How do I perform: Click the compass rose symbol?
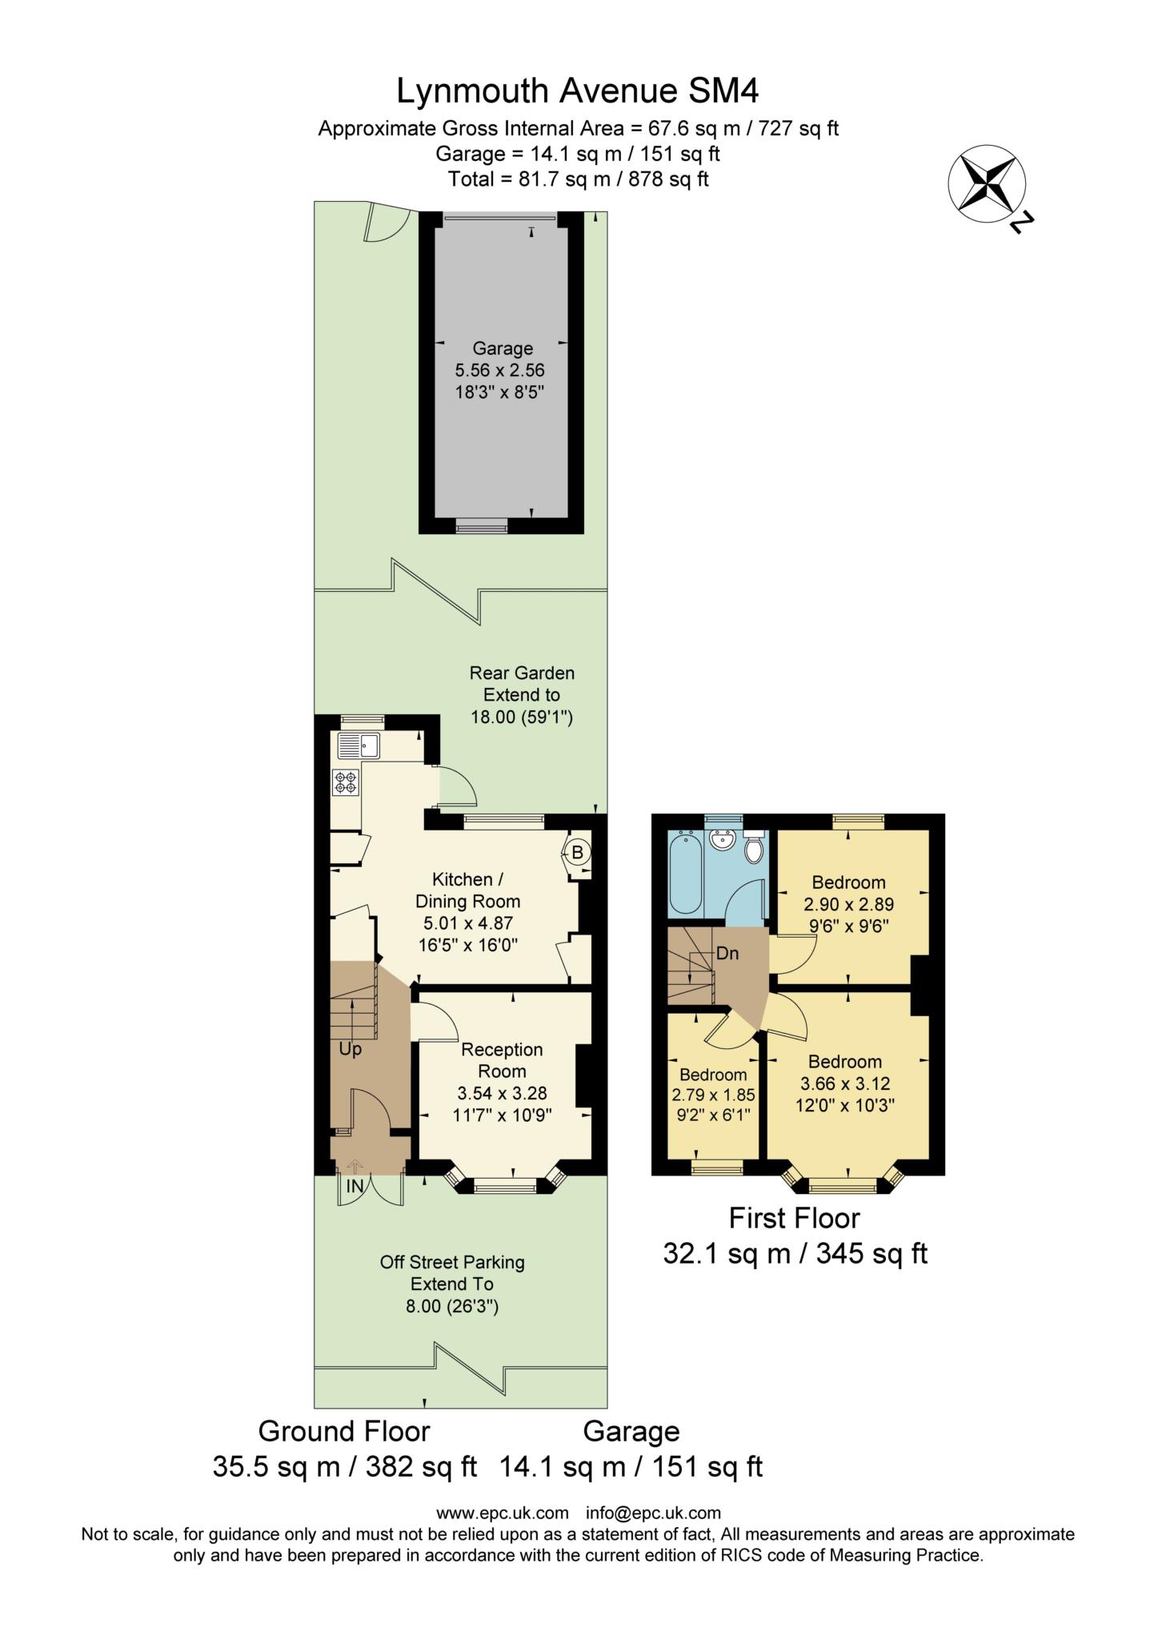987,184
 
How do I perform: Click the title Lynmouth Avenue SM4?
578,91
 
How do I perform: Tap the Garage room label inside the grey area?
503,348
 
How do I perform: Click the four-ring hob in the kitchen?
346,782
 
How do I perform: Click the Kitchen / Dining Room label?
467,890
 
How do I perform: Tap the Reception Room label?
502,1060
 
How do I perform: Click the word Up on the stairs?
351,1049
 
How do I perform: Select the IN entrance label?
355,1187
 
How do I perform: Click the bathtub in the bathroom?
685,873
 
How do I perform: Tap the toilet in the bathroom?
754,847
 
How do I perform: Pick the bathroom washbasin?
723,841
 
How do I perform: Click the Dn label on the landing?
727,954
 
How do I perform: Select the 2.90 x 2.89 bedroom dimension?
848,904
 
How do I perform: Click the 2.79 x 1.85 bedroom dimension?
713,1094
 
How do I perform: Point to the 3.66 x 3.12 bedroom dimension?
845,1083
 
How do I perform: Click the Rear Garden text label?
522,673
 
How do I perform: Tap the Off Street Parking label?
452,1262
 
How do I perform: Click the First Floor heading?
794,1218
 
